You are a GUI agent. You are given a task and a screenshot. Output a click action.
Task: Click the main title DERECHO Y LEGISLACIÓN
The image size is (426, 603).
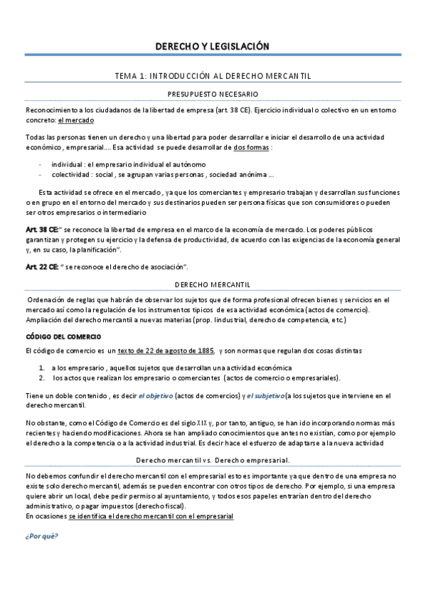click(x=213, y=47)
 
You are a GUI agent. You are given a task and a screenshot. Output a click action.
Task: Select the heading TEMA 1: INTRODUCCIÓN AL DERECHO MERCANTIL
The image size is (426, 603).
click(x=213, y=75)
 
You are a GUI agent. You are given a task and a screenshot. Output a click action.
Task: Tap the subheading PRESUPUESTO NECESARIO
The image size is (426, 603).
click(x=213, y=93)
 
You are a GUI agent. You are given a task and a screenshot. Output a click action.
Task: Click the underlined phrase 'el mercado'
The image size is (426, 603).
click(x=76, y=121)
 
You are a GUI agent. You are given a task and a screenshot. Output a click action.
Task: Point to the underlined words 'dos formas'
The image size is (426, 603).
click(x=252, y=147)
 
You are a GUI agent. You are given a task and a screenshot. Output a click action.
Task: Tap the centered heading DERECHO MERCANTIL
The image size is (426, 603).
click(x=213, y=284)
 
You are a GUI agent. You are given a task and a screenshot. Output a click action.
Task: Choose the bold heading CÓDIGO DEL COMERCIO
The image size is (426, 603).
click(x=63, y=336)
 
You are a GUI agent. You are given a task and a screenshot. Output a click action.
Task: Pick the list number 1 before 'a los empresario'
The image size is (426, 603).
click(x=42, y=367)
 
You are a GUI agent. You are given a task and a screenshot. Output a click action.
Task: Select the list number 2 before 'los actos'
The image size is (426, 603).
click(x=42, y=378)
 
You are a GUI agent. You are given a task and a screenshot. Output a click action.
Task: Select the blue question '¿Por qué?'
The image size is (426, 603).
click(x=41, y=536)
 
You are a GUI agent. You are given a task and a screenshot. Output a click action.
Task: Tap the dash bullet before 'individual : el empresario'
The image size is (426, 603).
click(x=42, y=164)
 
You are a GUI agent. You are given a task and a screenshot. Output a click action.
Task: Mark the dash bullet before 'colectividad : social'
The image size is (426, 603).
click(x=42, y=174)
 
